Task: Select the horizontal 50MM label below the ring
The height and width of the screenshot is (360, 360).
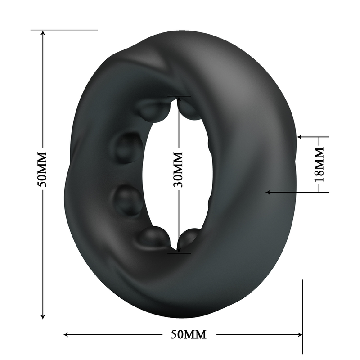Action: coord(189,334)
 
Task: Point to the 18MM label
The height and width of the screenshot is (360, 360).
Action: coord(319,164)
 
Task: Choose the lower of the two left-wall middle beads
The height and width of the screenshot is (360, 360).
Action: coord(128,200)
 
